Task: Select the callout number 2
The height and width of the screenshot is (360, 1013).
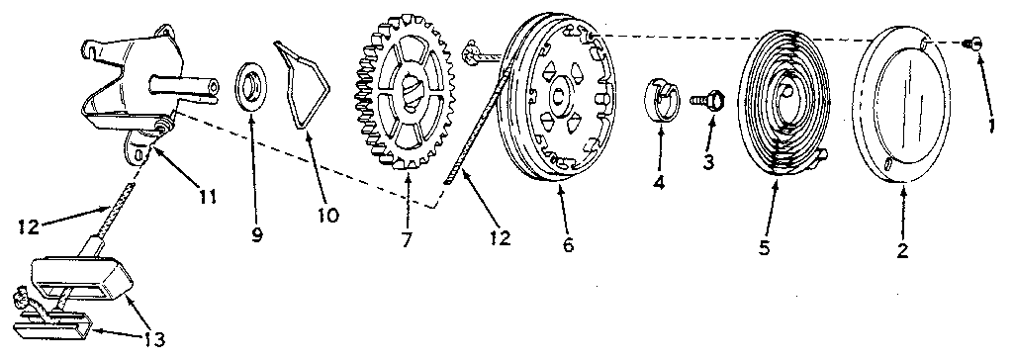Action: pos(901,251)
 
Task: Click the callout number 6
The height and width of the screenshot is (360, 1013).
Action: pos(567,245)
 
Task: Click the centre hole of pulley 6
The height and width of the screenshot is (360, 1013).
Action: pos(558,96)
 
